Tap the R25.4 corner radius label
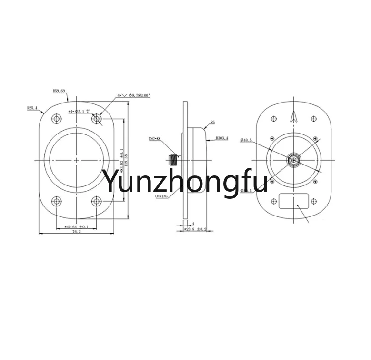click(x=33, y=108)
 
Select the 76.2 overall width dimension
click(x=76, y=232)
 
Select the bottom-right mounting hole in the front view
click(x=97, y=201)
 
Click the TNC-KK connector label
click(x=155, y=138)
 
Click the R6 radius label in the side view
click(x=212, y=122)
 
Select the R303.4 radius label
click(x=221, y=138)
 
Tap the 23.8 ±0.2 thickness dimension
click(x=196, y=229)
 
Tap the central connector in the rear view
click(x=294, y=159)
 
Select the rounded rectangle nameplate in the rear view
click(x=294, y=201)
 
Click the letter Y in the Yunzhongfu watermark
click(x=112, y=181)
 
